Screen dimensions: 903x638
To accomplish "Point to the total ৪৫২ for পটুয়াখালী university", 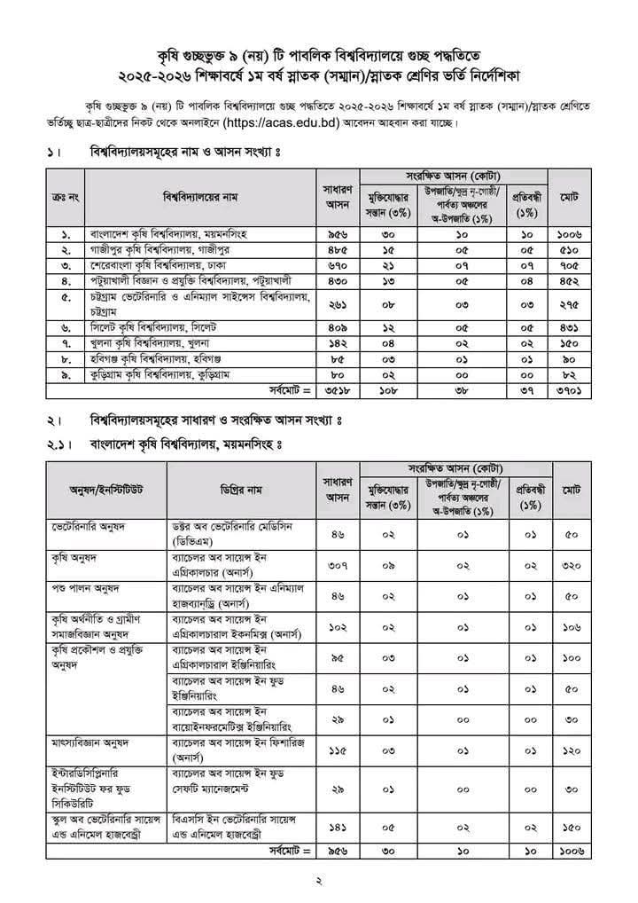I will (569, 279).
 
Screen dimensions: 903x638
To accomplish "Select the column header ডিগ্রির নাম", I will (242, 490).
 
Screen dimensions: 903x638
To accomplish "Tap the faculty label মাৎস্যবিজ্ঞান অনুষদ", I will (90, 741).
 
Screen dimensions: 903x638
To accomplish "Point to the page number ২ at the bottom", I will (320, 881).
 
